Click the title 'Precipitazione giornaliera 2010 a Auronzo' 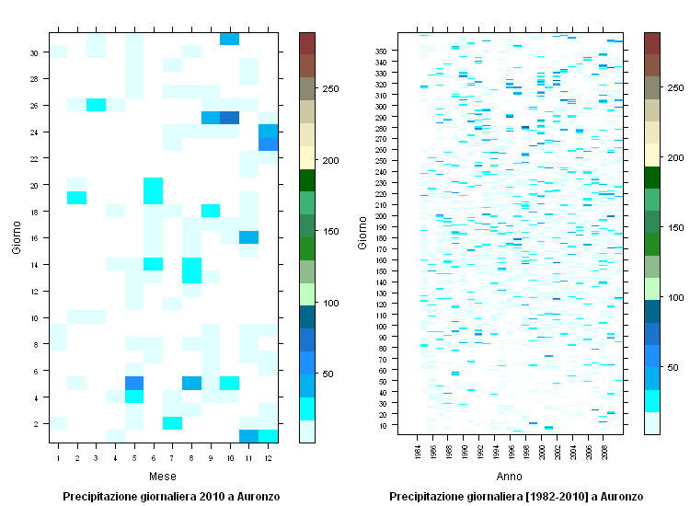(x=171, y=496)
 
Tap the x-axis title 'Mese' (x=163, y=477)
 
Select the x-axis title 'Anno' (x=509, y=477)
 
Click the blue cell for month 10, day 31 (x=229, y=38)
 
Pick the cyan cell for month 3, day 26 (x=96, y=104)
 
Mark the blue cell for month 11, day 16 (x=248, y=236)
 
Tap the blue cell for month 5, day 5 (x=134, y=383)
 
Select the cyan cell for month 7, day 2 (x=172, y=422)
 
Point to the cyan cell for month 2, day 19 (x=77, y=197)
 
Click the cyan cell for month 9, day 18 (x=211, y=211)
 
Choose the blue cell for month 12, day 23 (x=268, y=144)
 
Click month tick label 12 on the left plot (x=268, y=457)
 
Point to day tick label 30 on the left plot (x=33, y=52)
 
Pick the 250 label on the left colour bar (x=328, y=88)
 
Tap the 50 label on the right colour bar (x=674, y=367)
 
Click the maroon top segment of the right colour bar (x=652, y=43)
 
